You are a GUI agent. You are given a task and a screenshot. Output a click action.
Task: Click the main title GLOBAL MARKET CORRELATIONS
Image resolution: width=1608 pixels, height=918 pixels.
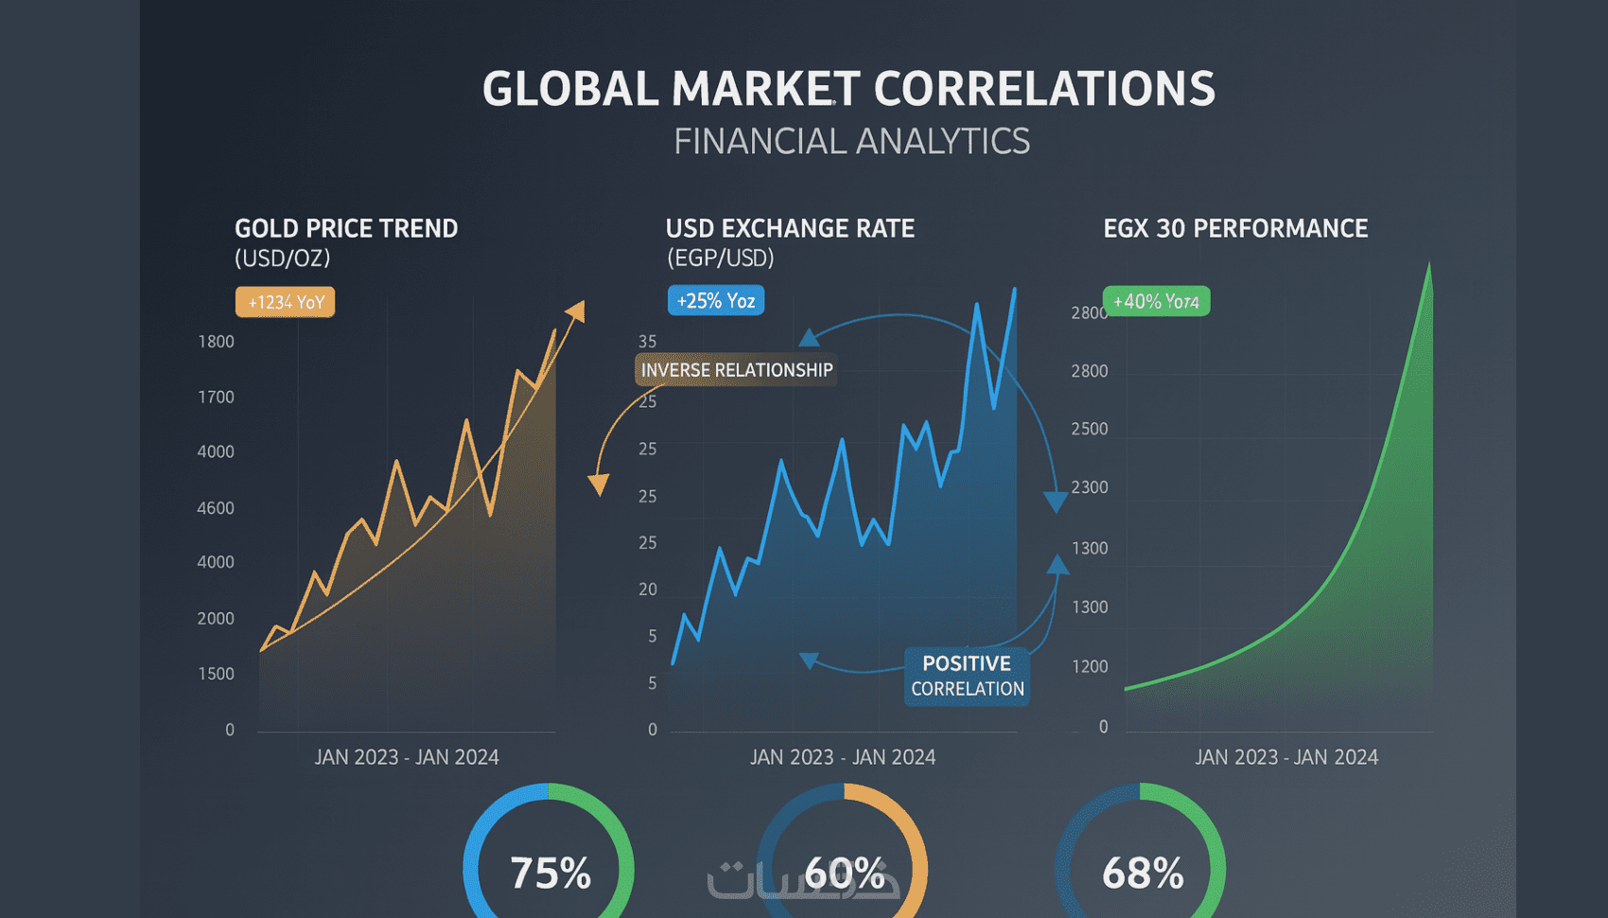(848, 89)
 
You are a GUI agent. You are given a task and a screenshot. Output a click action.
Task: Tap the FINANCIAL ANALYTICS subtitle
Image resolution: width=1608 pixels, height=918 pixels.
(851, 142)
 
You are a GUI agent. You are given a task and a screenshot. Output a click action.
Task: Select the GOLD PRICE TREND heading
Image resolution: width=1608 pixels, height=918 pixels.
(346, 229)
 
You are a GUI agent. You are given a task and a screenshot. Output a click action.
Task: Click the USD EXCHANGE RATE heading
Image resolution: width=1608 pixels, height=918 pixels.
(790, 229)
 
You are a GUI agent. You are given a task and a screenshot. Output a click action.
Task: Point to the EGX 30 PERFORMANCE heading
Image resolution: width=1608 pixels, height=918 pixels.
(1235, 229)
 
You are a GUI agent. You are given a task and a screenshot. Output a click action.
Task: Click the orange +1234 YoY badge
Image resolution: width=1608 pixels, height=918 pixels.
(286, 302)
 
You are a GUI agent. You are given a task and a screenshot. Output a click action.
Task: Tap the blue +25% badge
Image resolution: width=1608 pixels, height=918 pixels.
(716, 301)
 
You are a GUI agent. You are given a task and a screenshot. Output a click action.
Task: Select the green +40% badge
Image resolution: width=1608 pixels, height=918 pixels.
(1156, 301)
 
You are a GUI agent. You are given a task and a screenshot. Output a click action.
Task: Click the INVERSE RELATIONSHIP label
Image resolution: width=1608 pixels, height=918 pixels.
(736, 370)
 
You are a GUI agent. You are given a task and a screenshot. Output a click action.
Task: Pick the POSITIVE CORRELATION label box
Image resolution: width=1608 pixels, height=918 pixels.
(967, 676)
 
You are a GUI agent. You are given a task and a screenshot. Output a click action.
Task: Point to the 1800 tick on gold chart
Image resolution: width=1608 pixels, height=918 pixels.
(216, 342)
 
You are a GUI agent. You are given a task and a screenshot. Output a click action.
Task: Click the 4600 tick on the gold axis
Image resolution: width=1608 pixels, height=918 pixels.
(216, 508)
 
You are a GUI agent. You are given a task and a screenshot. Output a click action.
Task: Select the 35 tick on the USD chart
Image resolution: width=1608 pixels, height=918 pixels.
(647, 342)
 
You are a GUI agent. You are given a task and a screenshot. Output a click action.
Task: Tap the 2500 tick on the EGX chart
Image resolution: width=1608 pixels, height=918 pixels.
(1089, 429)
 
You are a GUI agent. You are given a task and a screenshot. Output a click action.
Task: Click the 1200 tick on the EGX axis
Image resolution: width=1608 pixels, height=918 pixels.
(1089, 666)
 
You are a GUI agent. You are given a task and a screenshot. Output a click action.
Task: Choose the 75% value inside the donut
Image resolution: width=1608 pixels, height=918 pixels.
(550, 873)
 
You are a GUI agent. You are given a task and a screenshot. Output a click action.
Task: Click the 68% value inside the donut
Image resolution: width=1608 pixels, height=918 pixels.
(1142, 873)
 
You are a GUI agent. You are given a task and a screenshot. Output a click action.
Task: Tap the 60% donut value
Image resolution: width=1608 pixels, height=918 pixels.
(845, 873)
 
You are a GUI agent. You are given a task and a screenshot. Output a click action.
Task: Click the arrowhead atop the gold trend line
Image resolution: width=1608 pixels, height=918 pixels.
(576, 311)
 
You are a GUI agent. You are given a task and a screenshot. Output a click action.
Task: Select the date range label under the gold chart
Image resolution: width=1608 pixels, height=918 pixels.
(407, 757)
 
